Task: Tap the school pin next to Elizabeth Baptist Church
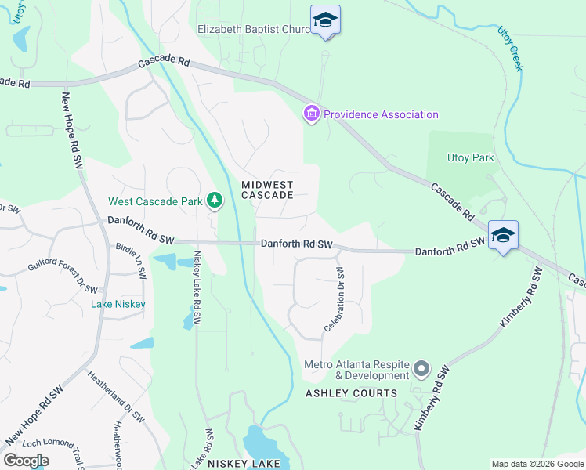(325, 21)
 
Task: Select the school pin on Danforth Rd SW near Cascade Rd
(503, 236)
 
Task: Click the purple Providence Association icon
(312, 114)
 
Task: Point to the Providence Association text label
(381, 114)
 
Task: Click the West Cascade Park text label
(155, 201)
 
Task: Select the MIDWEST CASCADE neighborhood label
(267, 190)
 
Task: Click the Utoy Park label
(470, 157)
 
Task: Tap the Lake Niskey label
(118, 304)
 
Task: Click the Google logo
(27, 461)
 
